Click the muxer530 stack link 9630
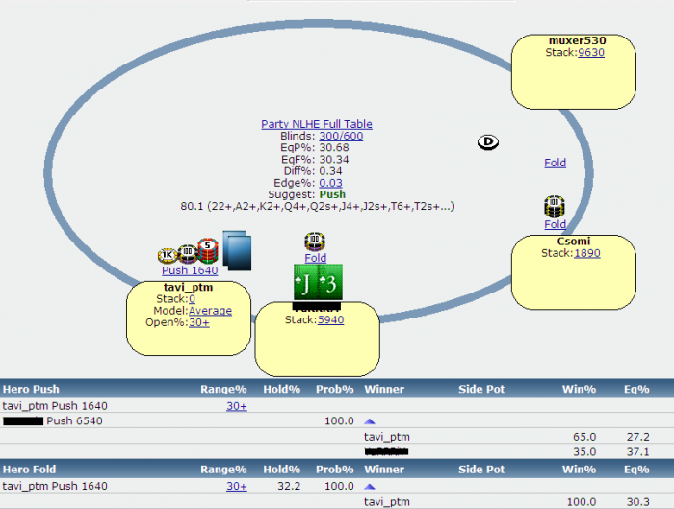click(590, 53)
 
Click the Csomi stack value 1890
click(586, 253)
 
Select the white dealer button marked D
click(488, 142)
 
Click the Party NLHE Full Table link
click(316, 124)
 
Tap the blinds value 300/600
click(341, 136)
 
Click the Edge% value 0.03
click(330, 182)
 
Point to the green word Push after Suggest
click(331, 194)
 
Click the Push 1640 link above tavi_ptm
click(190, 270)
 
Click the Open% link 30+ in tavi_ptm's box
click(198, 322)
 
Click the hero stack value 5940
click(330, 319)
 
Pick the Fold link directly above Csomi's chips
click(555, 163)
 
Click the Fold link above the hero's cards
click(316, 258)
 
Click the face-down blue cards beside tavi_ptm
click(237, 249)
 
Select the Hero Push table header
click(31, 390)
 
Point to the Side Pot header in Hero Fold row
click(482, 470)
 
